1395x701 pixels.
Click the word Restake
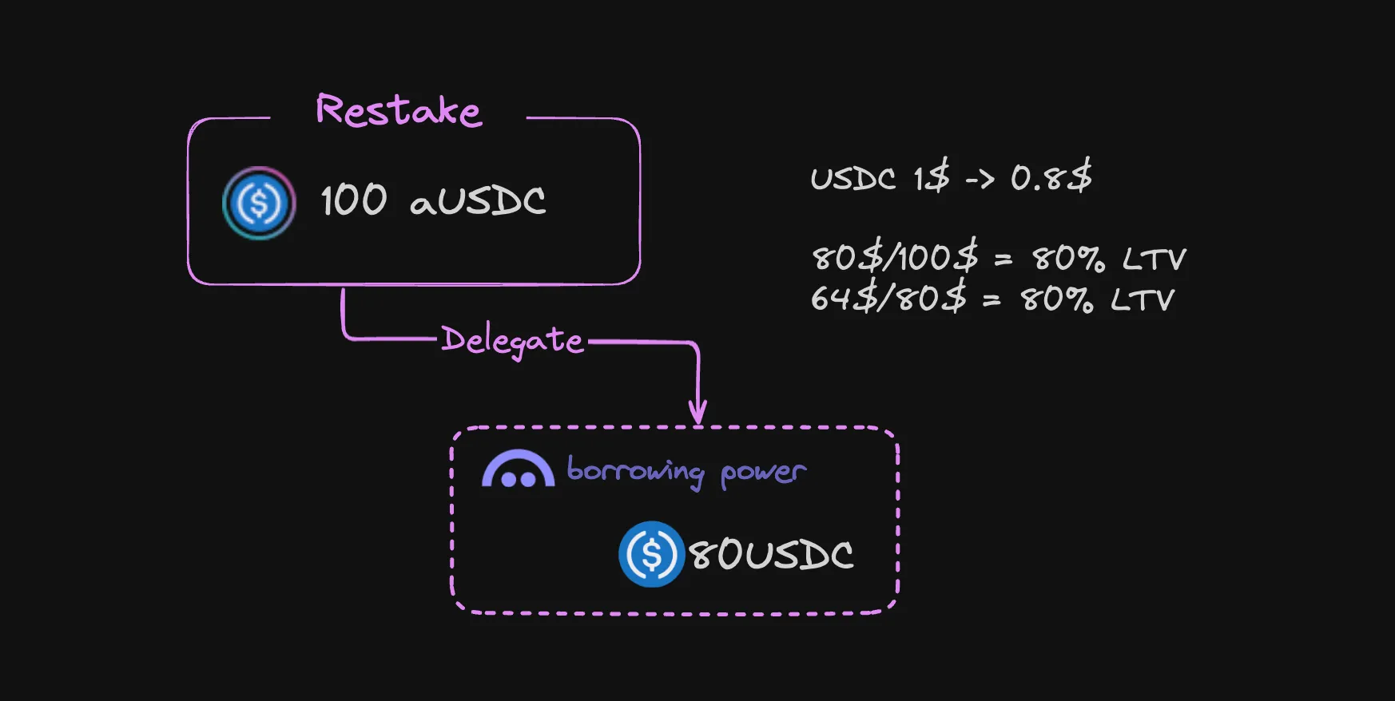[399, 110]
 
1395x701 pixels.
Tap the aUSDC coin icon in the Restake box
[258, 203]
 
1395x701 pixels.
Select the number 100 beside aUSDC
[353, 200]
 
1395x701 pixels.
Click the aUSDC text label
[478, 201]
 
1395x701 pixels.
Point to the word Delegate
[512, 341]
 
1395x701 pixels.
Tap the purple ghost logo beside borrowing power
[518, 469]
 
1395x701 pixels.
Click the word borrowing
[635, 471]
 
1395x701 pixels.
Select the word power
[763, 473]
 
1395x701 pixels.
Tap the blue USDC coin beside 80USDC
[651, 554]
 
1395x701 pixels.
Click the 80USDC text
[771, 554]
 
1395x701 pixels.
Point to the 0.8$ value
[1051, 176]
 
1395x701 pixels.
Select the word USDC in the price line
[852, 178]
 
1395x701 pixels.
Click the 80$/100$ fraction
[895, 258]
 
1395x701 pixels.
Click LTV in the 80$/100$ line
[1154, 259]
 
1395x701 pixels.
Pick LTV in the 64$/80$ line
[1143, 300]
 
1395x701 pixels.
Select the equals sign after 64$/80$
[992, 300]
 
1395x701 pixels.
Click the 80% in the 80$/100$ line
[1068, 259]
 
